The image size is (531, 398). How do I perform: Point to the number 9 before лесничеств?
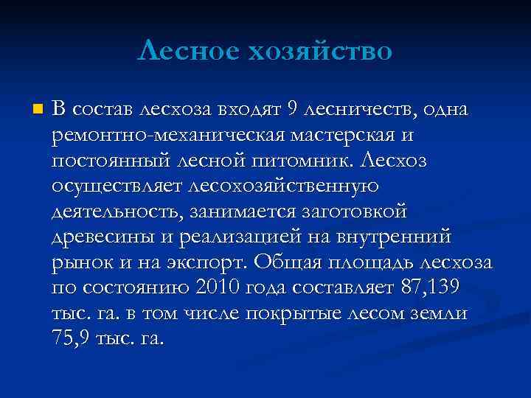tap(293, 110)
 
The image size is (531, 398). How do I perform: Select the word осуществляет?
tap(118, 186)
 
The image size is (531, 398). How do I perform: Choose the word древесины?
tap(101, 237)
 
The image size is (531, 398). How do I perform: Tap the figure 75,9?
tap(72, 340)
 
